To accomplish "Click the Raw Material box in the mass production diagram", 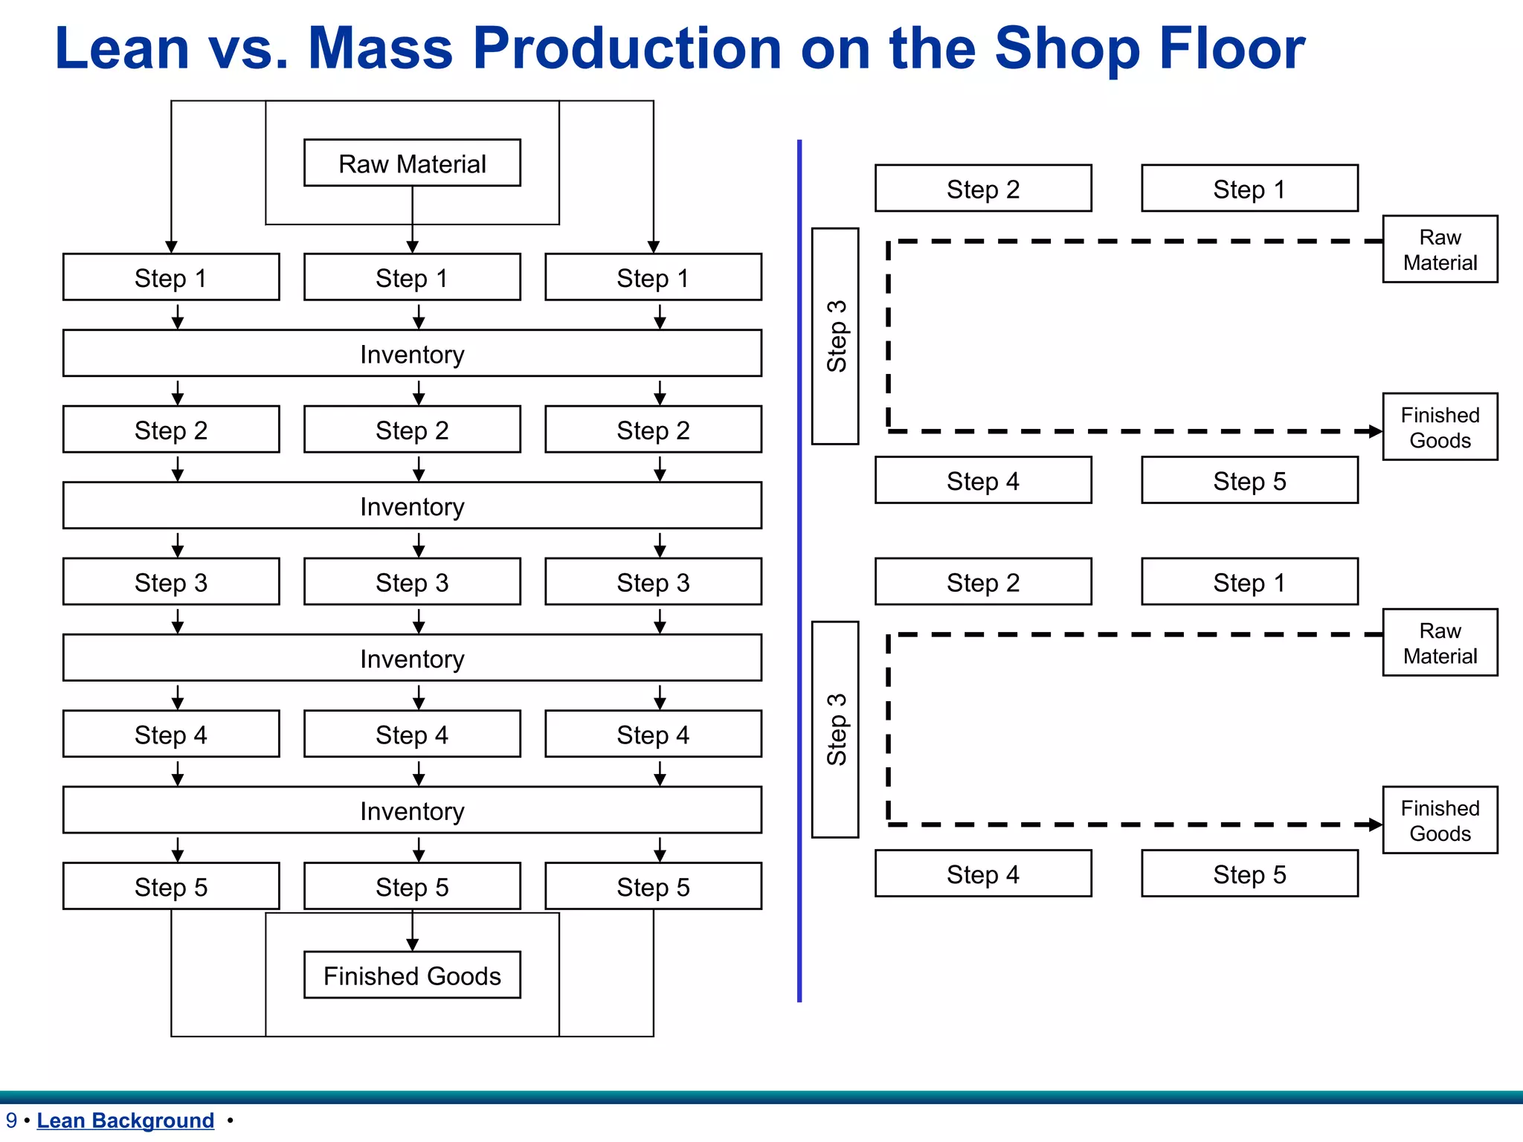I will (412, 163).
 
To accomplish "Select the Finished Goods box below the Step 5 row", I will (412, 975).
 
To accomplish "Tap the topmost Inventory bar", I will (412, 353).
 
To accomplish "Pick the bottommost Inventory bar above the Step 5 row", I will (412, 810).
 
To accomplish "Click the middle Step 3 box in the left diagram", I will (412, 581).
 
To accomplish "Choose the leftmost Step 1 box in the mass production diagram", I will (171, 277).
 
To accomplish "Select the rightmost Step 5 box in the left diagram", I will (653, 885).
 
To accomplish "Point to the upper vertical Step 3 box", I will (835, 336).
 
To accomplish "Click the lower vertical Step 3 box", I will (835, 729).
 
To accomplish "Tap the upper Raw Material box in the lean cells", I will (1440, 249).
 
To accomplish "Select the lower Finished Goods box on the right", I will (1440, 820).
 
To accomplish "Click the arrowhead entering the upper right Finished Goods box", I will (1376, 431).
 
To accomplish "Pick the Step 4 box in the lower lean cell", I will (983, 874).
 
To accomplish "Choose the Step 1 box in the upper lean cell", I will (1249, 188).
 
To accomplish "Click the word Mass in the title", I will (380, 48).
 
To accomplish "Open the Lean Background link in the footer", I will (125, 1120).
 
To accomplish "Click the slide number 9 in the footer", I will (11, 1120).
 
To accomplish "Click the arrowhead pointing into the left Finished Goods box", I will (412, 945).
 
